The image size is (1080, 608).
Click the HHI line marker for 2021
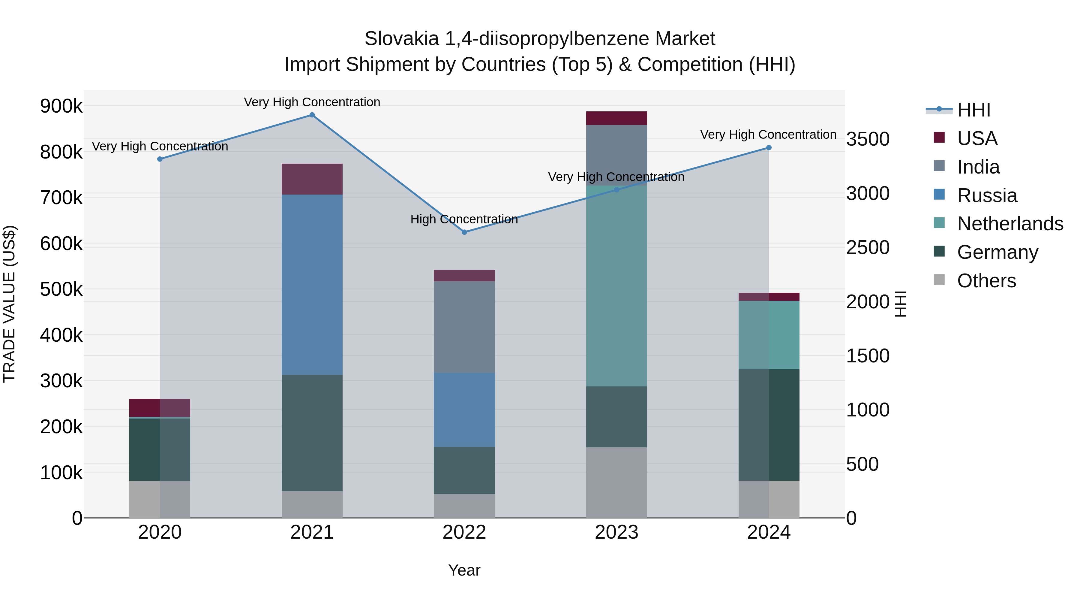[x=312, y=115]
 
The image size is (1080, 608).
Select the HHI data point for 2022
[x=464, y=232]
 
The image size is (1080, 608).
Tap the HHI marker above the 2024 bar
[x=769, y=148]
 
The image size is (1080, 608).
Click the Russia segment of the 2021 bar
[x=312, y=285]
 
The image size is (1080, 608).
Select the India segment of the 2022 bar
[x=464, y=327]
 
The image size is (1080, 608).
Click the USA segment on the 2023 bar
[x=616, y=118]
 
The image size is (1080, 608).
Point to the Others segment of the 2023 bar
[x=616, y=482]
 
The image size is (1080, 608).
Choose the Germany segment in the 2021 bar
[x=312, y=433]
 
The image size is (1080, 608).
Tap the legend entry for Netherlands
[x=1009, y=224]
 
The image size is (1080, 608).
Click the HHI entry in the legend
[x=973, y=110]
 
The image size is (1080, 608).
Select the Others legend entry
[x=986, y=281]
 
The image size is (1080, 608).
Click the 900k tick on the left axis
[x=61, y=106]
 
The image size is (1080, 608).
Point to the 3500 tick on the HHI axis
[x=867, y=139]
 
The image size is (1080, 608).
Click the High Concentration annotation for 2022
[x=464, y=219]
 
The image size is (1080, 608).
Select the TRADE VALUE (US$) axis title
[x=9, y=304]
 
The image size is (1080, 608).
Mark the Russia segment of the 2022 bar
[x=464, y=410]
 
